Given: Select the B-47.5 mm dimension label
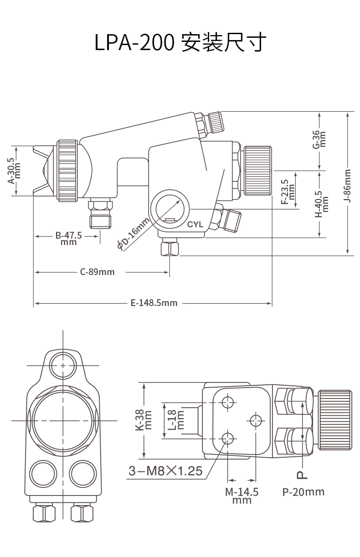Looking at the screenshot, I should tap(68, 238).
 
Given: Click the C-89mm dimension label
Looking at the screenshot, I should tap(97, 272).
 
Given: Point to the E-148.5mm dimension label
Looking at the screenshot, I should tap(154, 303).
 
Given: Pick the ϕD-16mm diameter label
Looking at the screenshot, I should tap(134, 234).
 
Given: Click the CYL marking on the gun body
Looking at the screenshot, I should tap(195, 225).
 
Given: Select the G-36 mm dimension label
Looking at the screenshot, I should tap(319, 139).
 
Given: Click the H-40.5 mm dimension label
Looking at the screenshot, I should tap(322, 204).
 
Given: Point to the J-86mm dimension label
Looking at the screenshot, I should tap(347, 186).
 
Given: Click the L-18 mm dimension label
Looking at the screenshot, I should tap(176, 420).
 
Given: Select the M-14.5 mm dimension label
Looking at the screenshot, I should tap(242, 496).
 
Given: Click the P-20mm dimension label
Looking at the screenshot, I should tap(303, 491).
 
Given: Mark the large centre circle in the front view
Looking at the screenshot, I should tap(63, 420).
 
